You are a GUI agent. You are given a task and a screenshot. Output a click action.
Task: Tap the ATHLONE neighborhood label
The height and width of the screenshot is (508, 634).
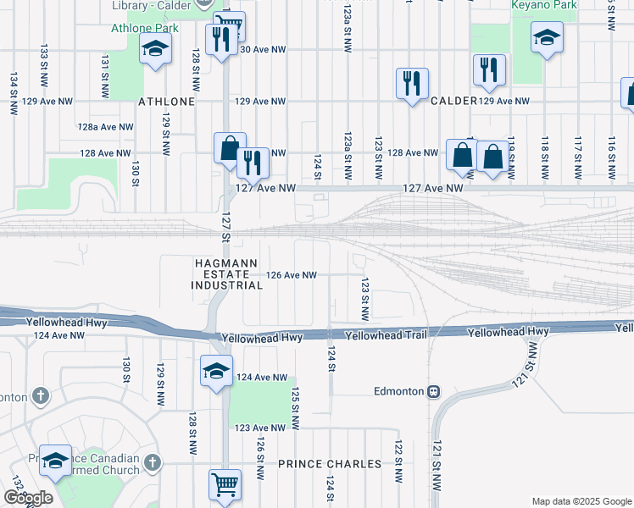coord(167,102)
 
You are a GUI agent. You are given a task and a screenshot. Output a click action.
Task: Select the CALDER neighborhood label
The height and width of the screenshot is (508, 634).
coord(453,101)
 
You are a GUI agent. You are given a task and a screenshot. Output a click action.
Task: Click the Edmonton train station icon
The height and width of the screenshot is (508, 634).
coord(433,391)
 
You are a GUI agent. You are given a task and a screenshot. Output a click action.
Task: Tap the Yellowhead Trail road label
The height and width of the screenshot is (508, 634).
coord(387,335)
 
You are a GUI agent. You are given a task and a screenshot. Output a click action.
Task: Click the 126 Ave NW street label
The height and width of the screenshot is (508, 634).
coord(291,275)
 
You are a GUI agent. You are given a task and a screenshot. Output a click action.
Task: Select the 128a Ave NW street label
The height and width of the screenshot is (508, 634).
coord(105,127)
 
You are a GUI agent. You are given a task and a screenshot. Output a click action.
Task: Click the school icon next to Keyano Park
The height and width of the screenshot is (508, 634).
coord(547,38)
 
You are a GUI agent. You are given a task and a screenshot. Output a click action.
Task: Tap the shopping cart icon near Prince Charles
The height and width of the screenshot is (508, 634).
coord(224,485)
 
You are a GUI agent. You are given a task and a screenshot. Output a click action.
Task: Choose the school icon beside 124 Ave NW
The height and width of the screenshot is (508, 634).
coord(215,371)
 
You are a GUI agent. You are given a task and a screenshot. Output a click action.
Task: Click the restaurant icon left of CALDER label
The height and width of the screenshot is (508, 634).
coord(412,83)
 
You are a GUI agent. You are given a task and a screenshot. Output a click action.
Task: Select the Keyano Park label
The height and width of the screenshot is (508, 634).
coord(544,5)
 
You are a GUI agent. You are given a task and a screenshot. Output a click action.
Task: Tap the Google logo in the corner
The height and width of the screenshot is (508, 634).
coord(29,498)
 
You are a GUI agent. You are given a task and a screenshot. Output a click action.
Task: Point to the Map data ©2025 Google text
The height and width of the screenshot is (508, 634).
coord(581,501)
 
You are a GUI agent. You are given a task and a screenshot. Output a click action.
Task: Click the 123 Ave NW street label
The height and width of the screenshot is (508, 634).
coord(259,428)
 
